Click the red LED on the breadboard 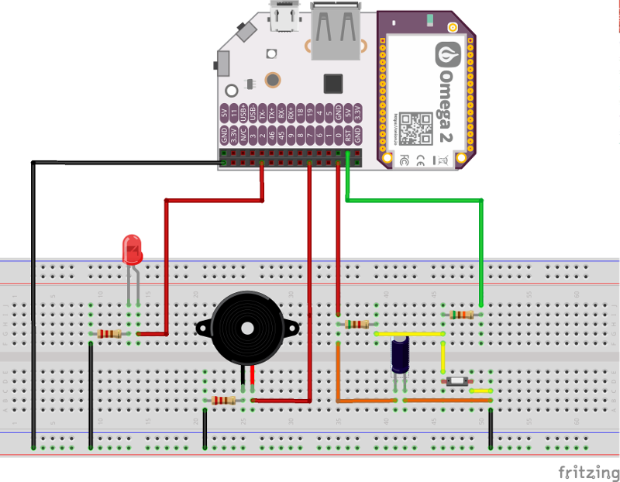[x=133, y=250]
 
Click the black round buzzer [x=247, y=327]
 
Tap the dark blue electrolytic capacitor [x=400, y=352]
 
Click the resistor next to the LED [x=109, y=334]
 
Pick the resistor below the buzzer [x=224, y=401]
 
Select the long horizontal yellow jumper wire [x=409, y=333]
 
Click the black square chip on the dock [x=333, y=82]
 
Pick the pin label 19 [x=310, y=112]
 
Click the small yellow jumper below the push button [x=480, y=391]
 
